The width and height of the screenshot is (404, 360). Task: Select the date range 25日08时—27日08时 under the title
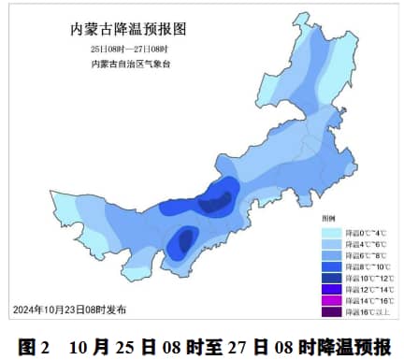128,48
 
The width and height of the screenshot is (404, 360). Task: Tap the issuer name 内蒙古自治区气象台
130,63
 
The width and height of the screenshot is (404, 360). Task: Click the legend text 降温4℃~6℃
366,245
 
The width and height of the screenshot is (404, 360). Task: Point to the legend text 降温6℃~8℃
366,256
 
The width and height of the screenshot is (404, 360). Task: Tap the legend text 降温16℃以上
365,311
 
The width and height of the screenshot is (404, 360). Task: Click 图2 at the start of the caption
33,346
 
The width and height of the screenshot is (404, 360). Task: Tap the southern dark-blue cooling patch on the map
181,241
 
